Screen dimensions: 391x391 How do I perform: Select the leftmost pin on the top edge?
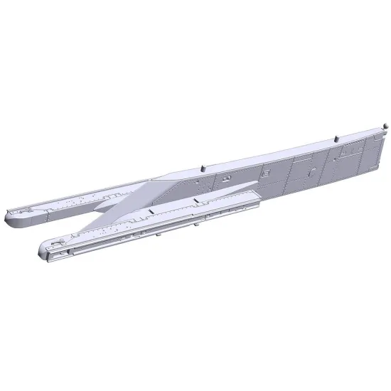pos(202,167)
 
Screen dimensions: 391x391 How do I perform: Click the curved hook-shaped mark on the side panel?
pos(311,171)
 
